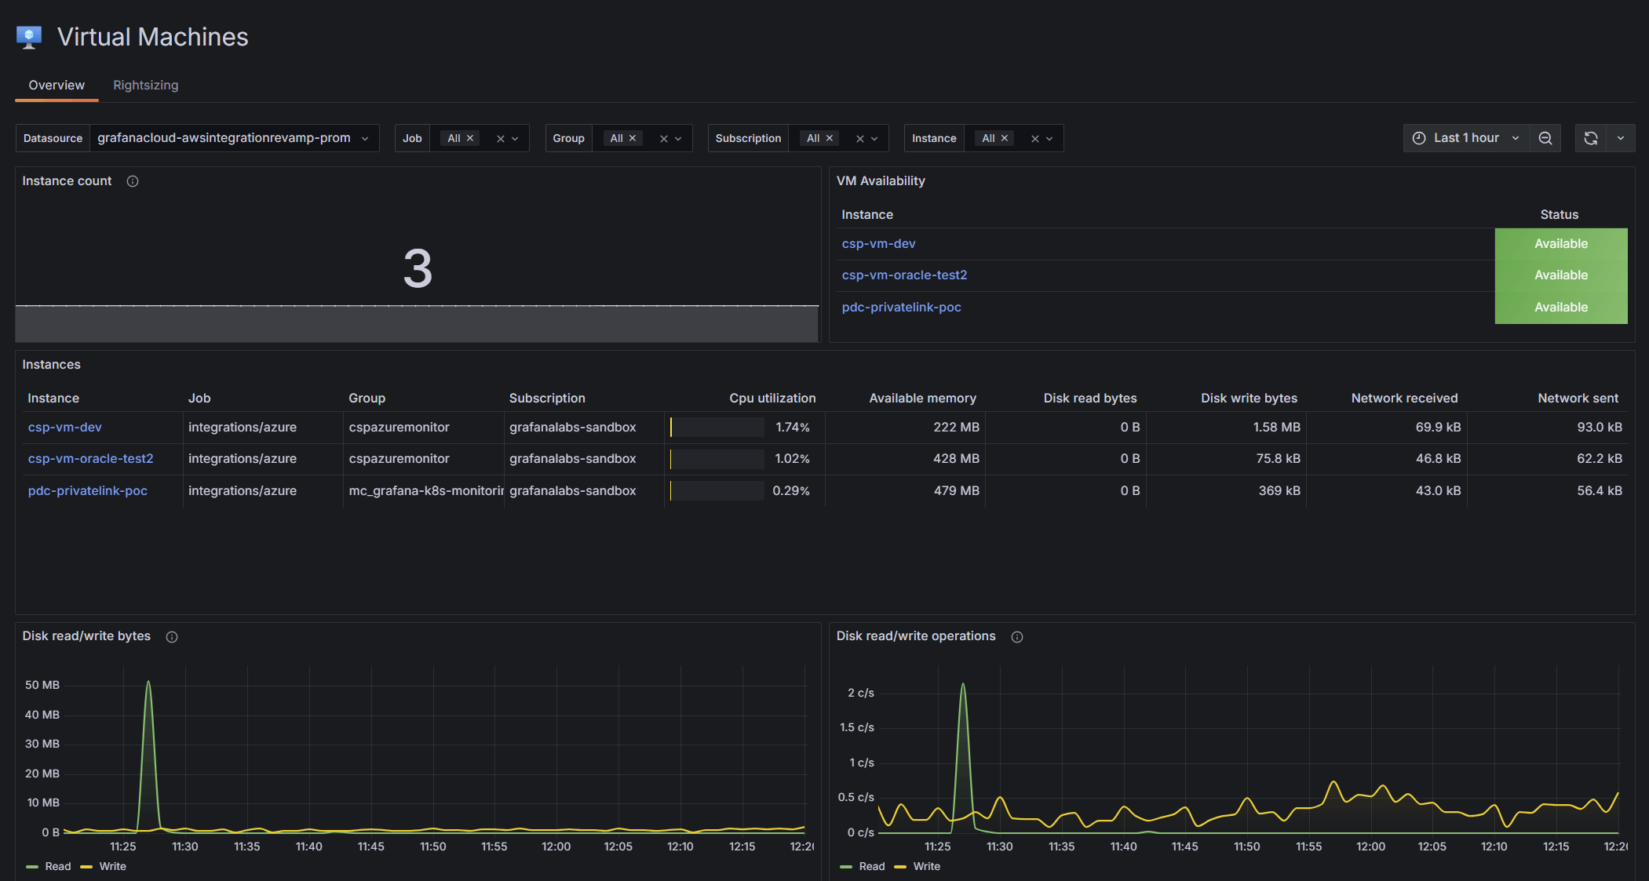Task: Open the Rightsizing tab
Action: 145,85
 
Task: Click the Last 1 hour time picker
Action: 1465,138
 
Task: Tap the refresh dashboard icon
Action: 1591,138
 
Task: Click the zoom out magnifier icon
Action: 1545,138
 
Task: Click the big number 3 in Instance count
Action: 418,268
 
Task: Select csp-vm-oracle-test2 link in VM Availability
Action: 904,275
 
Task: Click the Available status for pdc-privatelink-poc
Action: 1560,308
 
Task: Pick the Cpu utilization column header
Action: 772,399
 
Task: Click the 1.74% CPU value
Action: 793,428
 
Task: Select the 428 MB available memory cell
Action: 956,459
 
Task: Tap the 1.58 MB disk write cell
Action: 1276,428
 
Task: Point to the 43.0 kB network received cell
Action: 1438,491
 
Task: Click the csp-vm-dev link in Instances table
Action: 65,428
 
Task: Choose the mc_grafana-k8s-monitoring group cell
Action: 425,491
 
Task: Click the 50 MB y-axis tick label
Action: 42,685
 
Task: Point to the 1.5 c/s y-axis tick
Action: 857,727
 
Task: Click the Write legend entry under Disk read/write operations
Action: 926,866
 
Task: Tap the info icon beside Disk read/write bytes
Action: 172,637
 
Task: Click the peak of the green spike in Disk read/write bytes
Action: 148,682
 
